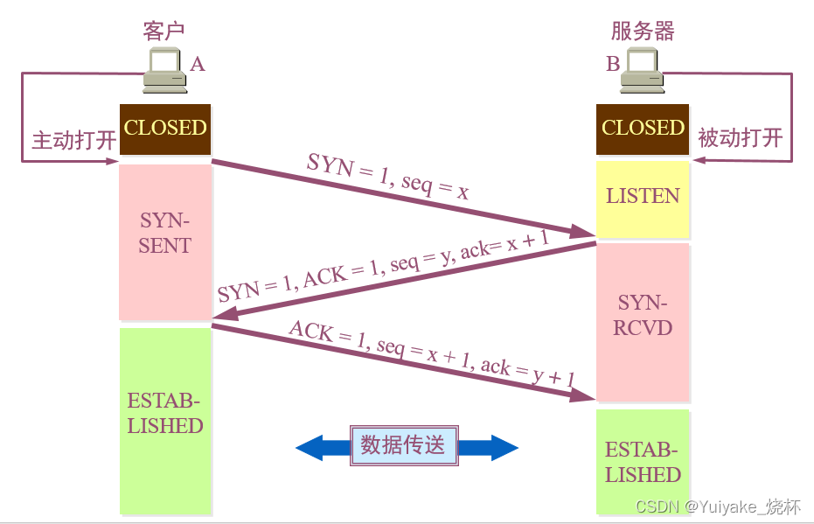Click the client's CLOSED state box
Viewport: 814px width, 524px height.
click(165, 129)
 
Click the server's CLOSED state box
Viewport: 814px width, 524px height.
click(643, 129)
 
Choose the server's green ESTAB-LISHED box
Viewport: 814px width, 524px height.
click(643, 462)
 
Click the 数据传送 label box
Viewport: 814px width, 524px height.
click(403, 446)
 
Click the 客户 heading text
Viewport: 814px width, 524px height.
click(164, 31)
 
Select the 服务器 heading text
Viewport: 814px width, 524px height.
click(643, 31)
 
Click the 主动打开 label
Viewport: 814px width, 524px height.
click(73, 140)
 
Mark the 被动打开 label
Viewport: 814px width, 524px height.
click(740, 138)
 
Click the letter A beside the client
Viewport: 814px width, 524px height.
click(198, 64)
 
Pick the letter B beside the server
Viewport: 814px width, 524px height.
click(613, 64)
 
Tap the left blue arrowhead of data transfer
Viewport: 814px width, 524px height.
click(310, 449)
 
